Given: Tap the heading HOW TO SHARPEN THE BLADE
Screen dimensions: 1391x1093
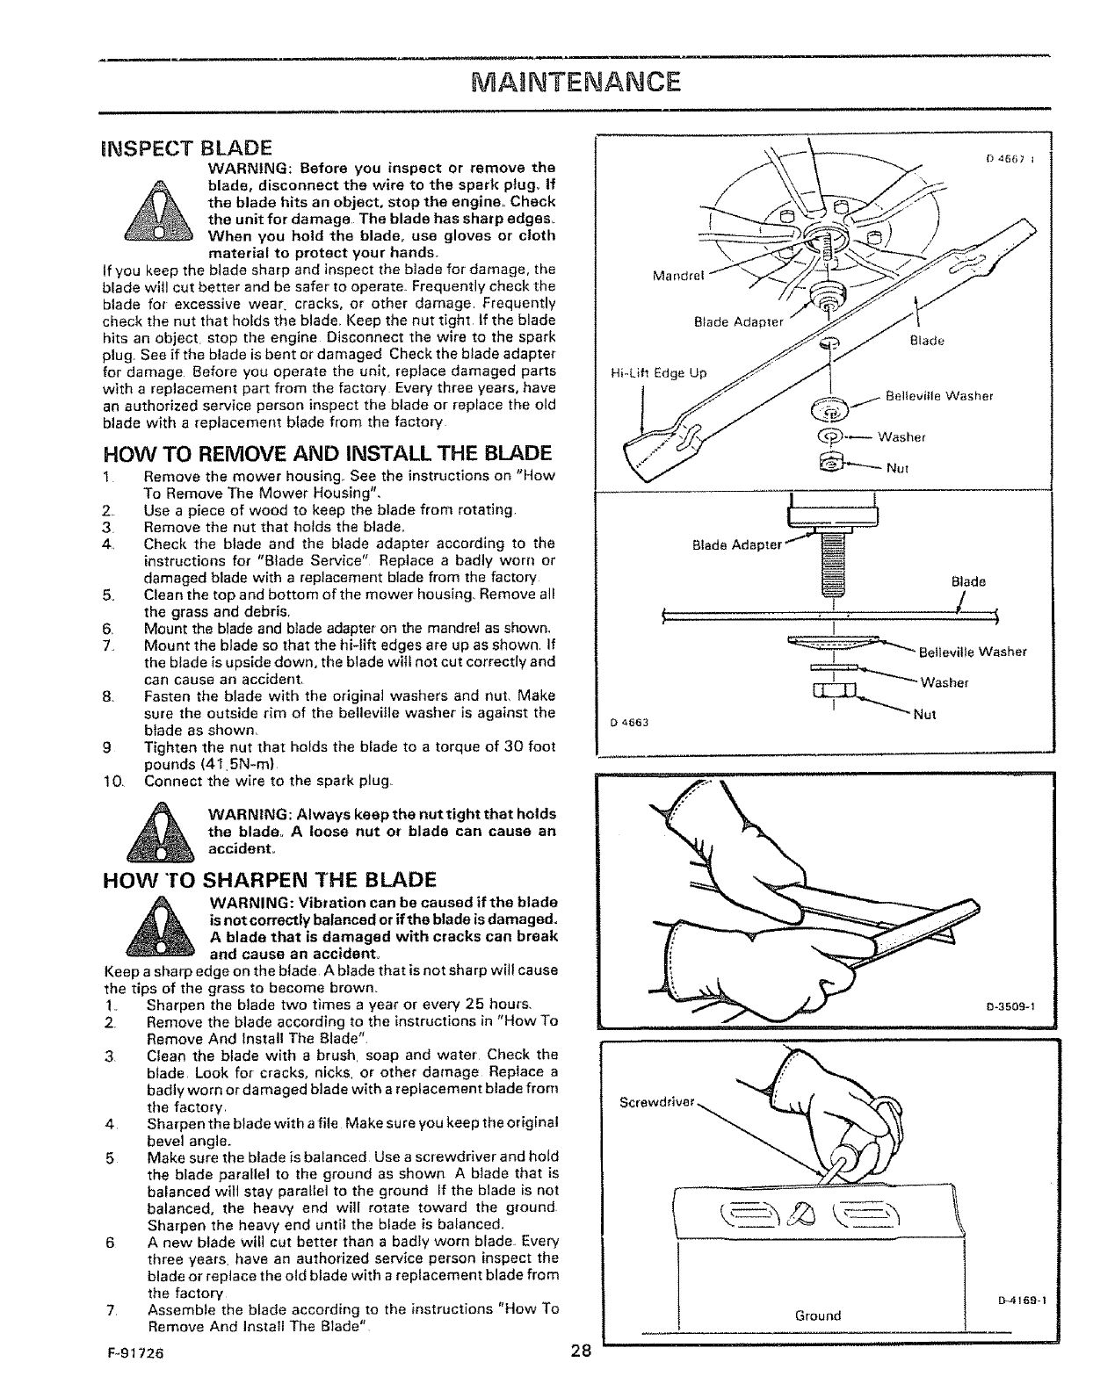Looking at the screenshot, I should [x=269, y=879].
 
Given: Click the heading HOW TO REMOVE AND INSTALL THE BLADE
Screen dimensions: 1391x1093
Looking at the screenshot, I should [x=327, y=453].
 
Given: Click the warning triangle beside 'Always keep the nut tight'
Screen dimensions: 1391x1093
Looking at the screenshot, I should [x=162, y=831].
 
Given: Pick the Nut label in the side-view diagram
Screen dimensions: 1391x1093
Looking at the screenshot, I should [x=925, y=714].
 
